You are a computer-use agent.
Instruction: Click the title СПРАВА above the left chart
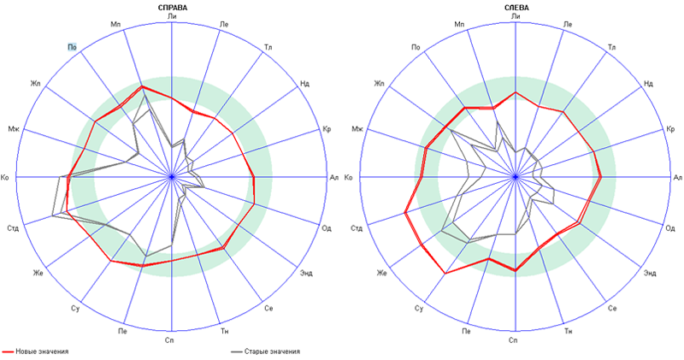[x=173, y=7]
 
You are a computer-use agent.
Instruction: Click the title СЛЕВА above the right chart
[x=516, y=7]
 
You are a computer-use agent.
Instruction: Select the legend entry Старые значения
[x=272, y=351]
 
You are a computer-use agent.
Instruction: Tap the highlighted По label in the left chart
[x=74, y=47]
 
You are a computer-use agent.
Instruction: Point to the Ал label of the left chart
[x=334, y=177]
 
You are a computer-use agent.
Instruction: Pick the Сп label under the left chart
[x=173, y=339]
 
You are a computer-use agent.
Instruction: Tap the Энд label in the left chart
[x=306, y=273]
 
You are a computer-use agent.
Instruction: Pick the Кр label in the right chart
[x=669, y=129]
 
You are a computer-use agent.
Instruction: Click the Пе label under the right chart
[x=466, y=331]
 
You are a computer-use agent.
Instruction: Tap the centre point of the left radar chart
[x=172, y=177]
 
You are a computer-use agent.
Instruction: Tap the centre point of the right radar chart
[x=516, y=177]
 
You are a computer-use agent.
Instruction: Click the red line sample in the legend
[x=9, y=351]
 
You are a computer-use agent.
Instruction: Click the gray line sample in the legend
[x=237, y=351]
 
